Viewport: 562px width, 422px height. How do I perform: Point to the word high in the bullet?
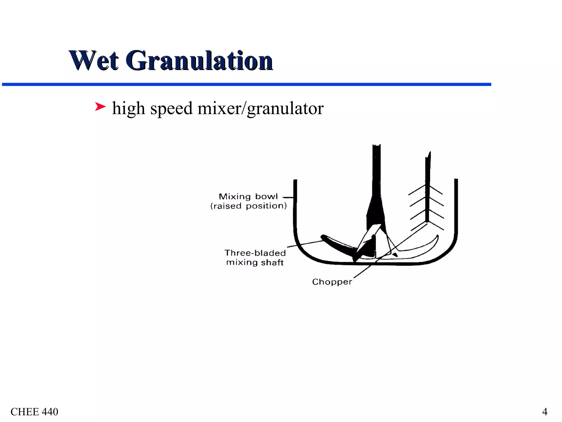(x=128, y=108)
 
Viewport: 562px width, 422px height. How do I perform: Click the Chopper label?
(x=332, y=282)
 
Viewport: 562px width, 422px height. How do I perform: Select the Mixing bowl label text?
(x=248, y=196)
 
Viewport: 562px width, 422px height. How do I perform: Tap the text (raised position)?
(x=248, y=206)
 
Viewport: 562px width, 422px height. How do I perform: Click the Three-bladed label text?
(x=255, y=253)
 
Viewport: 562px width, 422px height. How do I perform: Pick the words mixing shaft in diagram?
(x=255, y=262)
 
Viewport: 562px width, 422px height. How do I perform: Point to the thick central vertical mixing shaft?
(x=376, y=179)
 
